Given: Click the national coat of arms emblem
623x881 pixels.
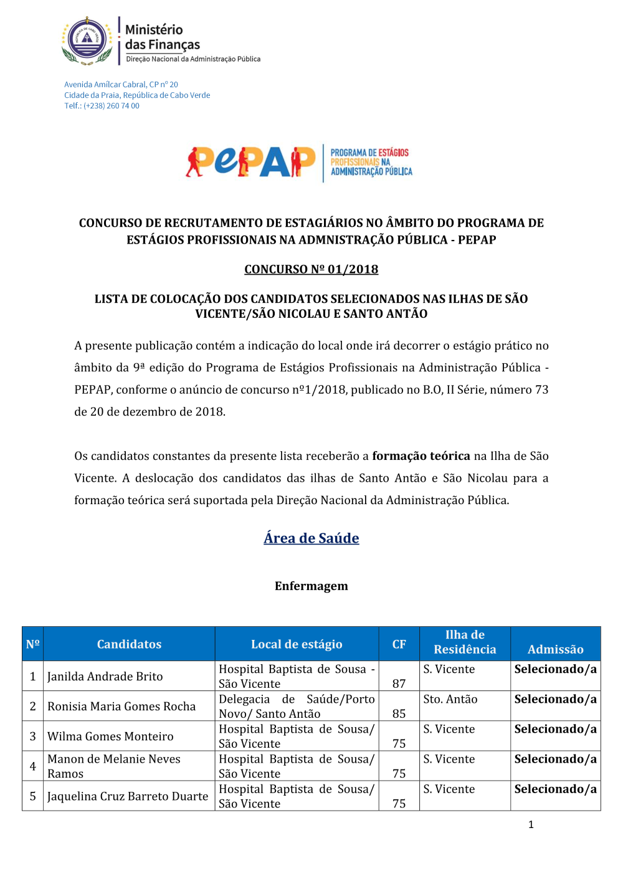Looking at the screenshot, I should pyautogui.click(x=87, y=41).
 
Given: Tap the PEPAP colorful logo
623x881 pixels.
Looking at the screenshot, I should pyautogui.click(x=250, y=163).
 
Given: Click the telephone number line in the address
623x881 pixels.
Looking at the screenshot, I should pyautogui.click(x=102, y=106).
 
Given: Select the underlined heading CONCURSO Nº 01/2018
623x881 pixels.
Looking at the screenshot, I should pyautogui.click(x=311, y=269).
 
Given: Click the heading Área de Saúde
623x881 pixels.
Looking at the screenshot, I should pyautogui.click(x=311, y=538).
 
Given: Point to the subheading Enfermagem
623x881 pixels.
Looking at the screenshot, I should pyautogui.click(x=311, y=586).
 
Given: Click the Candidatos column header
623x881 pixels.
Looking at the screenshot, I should pyautogui.click(x=129, y=644).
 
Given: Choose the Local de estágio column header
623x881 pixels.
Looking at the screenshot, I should pyautogui.click(x=297, y=644).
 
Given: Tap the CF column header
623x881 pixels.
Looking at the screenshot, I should pyautogui.click(x=399, y=644).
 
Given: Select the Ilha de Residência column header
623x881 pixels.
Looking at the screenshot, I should pyautogui.click(x=465, y=642).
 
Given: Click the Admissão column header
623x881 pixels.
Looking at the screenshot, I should pyautogui.click(x=555, y=649).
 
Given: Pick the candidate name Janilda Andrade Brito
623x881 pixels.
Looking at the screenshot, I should pyautogui.click(x=105, y=677).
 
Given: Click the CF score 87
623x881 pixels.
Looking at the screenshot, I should pyautogui.click(x=399, y=683).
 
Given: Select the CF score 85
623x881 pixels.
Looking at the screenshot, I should pyautogui.click(x=399, y=713).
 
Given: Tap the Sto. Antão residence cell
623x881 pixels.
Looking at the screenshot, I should pyautogui.click(x=450, y=700).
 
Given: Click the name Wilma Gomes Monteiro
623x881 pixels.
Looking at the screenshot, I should pyautogui.click(x=110, y=736).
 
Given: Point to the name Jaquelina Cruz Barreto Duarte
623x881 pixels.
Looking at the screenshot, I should pyautogui.click(x=128, y=796).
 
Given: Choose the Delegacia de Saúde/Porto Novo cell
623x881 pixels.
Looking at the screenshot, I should pyautogui.click(x=297, y=707).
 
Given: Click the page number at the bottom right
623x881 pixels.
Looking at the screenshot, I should pyautogui.click(x=531, y=825).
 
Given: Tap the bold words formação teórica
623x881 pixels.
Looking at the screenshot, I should pyautogui.click(x=421, y=456).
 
